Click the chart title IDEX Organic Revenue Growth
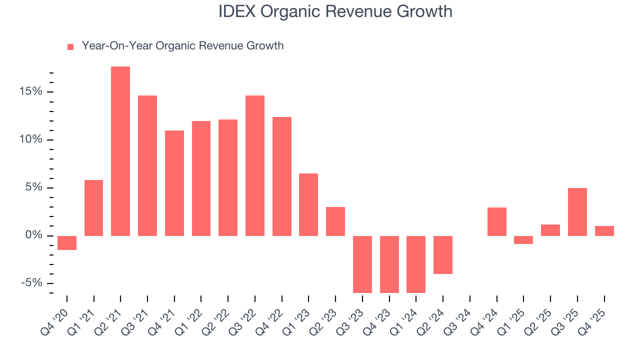pyautogui.click(x=335, y=12)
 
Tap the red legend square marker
pyautogui.click(x=70, y=46)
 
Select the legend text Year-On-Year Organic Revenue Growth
pyautogui.click(x=182, y=46)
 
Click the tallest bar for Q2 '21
pyautogui.click(x=120, y=151)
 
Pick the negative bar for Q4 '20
pyautogui.click(x=67, y=242)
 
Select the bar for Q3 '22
pyautogui.click(x=255, y=165)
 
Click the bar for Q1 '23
pyautogui.click(x=308, y=204)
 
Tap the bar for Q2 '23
pyautogui.click(x=335, y=221)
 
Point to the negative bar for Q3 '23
pyautogui.click(x=362, y=264)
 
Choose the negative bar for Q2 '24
pyautogui.click(x=443, y=254)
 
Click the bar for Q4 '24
pyautogui.click(x=497, y=221)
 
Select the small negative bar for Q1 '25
pyautogui.click(x=523, y=240)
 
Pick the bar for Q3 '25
pyautogui.click(x=577, y=211)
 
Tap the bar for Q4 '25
pyautogui.click(x=604, y=230)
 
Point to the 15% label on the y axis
pyautogui.click(x=31, y=91)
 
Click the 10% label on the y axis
pyautogui.click(x=31, y=139)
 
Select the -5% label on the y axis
pyautogui.click(x=31, y=283)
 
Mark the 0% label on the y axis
pyautogui.click(x=33, y=235)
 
